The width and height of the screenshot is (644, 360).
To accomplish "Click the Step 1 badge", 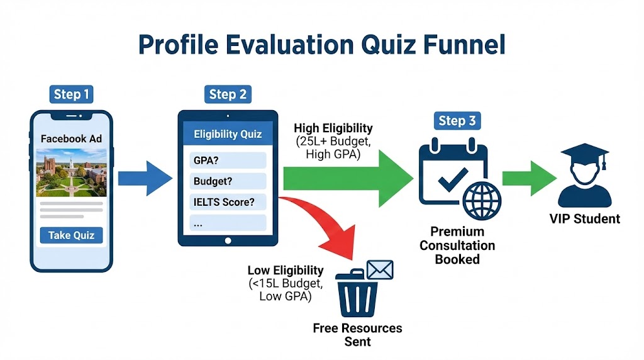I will [71, 94].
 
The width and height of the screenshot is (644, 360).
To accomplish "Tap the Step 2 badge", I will [227, 94].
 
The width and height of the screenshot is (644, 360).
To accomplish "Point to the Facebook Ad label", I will [71, 138].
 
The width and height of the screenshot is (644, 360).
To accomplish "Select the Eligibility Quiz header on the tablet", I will [228, 134].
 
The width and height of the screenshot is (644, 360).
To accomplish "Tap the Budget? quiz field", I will [228, 181].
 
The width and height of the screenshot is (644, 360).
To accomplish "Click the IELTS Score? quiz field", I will [228, 203].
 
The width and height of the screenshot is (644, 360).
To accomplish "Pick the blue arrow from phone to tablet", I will [145, 177].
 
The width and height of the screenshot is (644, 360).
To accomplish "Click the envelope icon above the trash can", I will [380, 271].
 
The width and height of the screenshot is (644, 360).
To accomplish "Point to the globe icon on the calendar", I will [482, 200].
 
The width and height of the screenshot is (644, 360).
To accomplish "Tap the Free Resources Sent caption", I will [357, 335].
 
